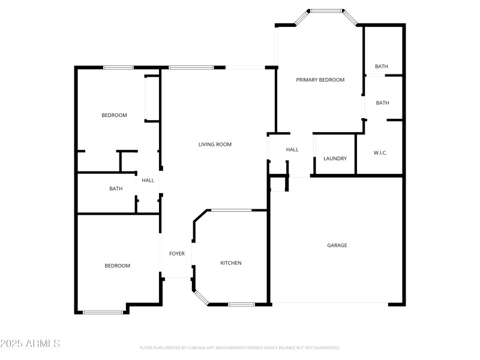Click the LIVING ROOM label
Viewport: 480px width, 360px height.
[x=215, y=145]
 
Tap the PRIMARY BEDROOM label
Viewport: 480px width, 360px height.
[x=320, y=80]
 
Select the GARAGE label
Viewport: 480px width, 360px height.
[x=337, y=245]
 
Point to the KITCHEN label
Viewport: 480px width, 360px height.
[x=231, y=263]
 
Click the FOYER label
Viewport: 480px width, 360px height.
[x=176, y=254]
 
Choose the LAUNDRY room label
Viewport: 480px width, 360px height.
[x=335, y=159]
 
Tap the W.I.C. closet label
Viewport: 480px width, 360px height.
[x=380, y=153]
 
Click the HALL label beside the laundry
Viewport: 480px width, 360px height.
[x=292, y=150]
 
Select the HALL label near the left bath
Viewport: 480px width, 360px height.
[x=148, y=181]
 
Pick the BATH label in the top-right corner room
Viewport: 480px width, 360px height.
[x=382, y=67]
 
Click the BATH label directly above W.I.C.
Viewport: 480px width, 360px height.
[x=382, y=103]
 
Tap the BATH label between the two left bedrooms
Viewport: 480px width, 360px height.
[x=116, y=189]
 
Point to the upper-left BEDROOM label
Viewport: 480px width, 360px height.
[x=114, y=115]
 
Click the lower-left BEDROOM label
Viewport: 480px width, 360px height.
[x=117, y=266]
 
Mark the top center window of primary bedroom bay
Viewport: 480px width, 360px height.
[x=326, y=10]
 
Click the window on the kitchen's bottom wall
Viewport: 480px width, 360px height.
[x=241, y=304]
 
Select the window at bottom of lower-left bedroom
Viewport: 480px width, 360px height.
[x=103, y=312]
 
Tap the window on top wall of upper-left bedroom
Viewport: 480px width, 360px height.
[x=118, y=67]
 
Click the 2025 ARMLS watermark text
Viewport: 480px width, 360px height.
[x=30, y=344]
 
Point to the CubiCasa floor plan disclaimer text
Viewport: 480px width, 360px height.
[x=239, y=347]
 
